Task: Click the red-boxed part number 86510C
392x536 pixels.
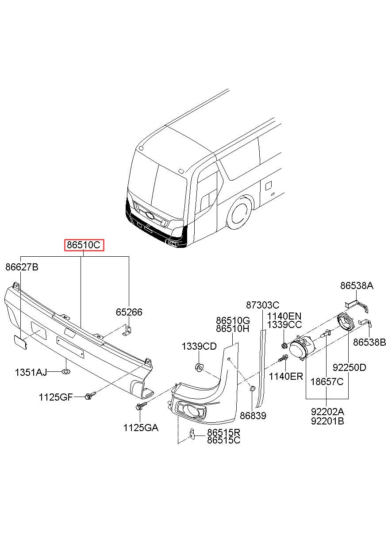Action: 84,245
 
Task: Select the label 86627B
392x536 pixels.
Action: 22,267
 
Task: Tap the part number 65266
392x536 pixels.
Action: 129,312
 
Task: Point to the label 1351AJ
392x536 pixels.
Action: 31,372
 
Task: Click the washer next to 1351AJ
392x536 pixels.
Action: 65,372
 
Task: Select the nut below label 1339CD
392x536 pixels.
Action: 199,367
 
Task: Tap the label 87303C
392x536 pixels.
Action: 263,305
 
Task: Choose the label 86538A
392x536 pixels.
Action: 357,285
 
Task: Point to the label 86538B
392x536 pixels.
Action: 369,342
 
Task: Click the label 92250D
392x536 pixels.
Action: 350,367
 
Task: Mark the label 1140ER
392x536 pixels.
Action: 286,376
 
